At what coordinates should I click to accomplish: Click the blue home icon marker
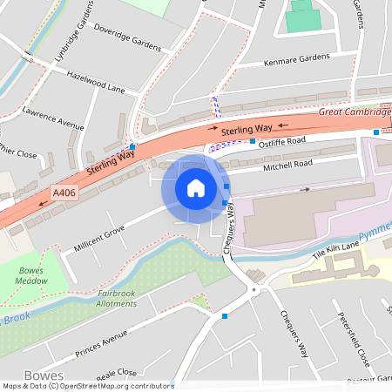[x=196, y=188]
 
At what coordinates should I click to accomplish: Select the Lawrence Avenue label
[x=53, y=119]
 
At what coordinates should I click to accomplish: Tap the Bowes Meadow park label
[x=31, y=275]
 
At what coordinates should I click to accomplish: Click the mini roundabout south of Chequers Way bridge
[x=253, y=289]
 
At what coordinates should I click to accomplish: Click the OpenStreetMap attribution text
[x=87, y=386]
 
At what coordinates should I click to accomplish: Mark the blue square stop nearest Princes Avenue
[x=225, y=316]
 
